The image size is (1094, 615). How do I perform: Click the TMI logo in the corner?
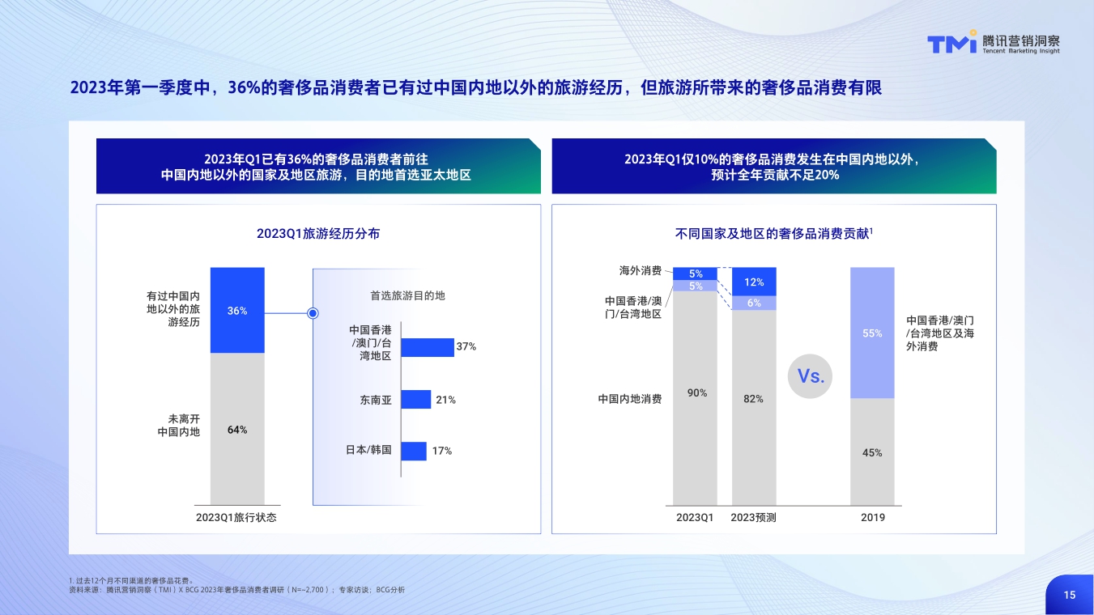coord(952,44)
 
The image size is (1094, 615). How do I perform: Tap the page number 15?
coord(1070,595)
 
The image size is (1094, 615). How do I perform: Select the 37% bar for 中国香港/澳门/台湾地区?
coord(428,347)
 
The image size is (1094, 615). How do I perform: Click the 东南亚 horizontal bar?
coord(416,400)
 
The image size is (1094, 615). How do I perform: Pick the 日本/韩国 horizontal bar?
coord(414,451)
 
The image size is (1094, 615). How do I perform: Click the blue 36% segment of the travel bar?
coord(237,310)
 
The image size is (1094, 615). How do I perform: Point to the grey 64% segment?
coord(237,429)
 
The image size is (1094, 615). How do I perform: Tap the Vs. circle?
coord(811,375)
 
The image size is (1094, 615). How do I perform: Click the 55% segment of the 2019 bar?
coord(872,333)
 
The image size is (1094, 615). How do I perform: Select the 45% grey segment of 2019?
coord(872,452)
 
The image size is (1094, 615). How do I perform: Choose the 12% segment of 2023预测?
coord(754,282)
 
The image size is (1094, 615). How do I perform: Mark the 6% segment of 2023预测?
coord(754,303)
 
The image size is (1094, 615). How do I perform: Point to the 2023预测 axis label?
coord(754,518)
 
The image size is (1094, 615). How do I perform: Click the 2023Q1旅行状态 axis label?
coord(236,518)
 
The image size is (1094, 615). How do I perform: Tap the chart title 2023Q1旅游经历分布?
coord(318,234)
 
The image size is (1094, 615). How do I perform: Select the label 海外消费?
coord(641,269)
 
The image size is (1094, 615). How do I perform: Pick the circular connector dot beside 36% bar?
coord(313,313)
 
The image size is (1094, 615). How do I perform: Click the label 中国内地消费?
coord(630,399)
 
